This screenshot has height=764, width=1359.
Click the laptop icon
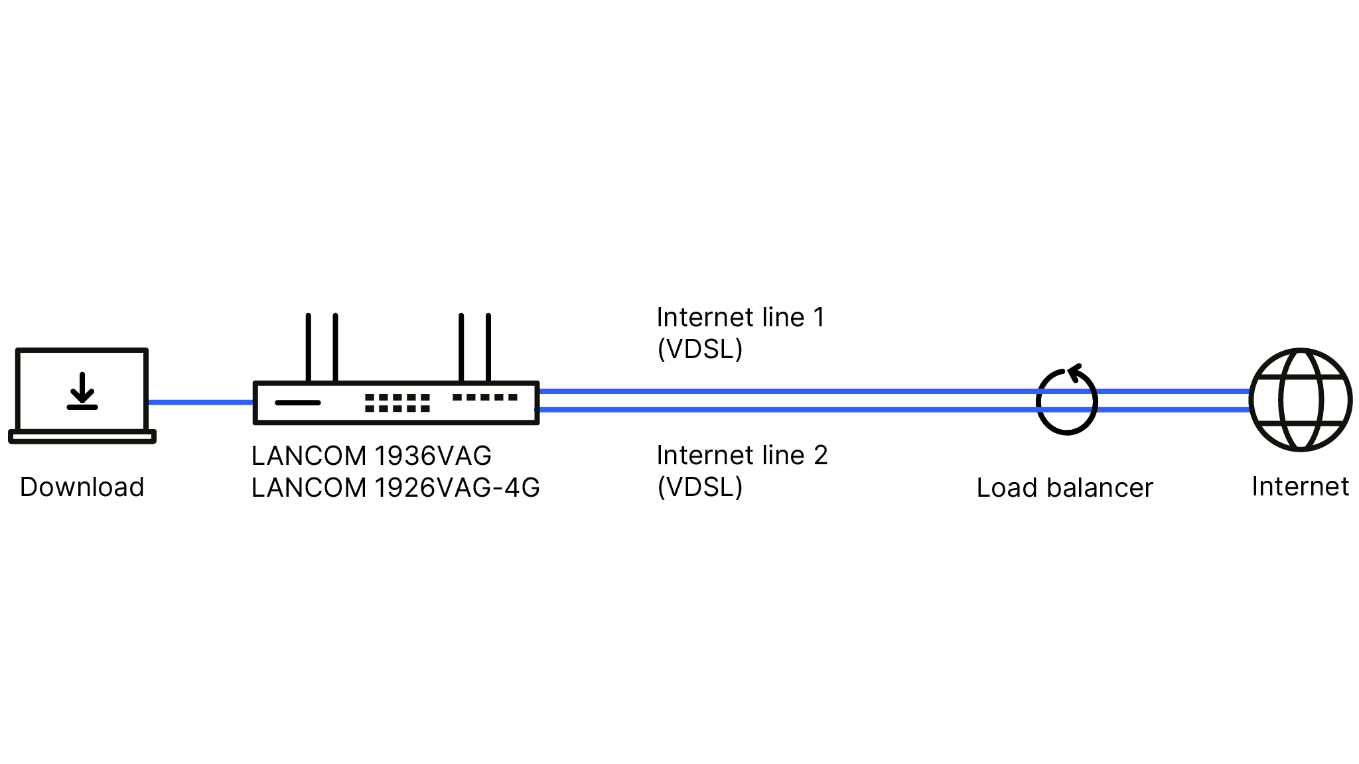pyautogui.click(x=82, y=395)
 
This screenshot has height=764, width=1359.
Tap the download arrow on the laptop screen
pyautogui.click(x=82, y=391)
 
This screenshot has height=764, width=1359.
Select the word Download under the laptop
pyautogui.click(x=82, y=487)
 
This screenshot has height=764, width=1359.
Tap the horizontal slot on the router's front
pyautogui.click(x=297, y=403)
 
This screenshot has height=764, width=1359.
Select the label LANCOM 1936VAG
pyautogui.click(x=372, y=456)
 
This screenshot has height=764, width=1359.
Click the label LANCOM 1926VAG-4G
pyautogui.click(x=395, y=488)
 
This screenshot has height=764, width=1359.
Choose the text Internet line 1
pyautogui.click(x=741, y=318)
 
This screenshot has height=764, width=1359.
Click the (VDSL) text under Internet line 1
pyautogui.click(x=700, y=350)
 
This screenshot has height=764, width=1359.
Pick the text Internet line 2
pyautogui.click(x=742, y=456)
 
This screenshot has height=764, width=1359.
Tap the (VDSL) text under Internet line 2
pyautogui.click(x=700, y=487)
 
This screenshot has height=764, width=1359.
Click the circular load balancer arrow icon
pyautogui.click(x=1066, y=401)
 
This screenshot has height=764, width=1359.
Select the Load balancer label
pyautogui.click(x=1065, y=488)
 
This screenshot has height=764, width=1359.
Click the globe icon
pyautogui.click(x=1301, y=400)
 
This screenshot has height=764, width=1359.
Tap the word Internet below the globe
pyautogui.click(x=1301, y=487)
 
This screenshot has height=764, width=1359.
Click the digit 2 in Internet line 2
pyautogui.click(x=821, y=456)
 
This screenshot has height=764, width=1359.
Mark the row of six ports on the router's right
pyautogui.click(x=485, y=397)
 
